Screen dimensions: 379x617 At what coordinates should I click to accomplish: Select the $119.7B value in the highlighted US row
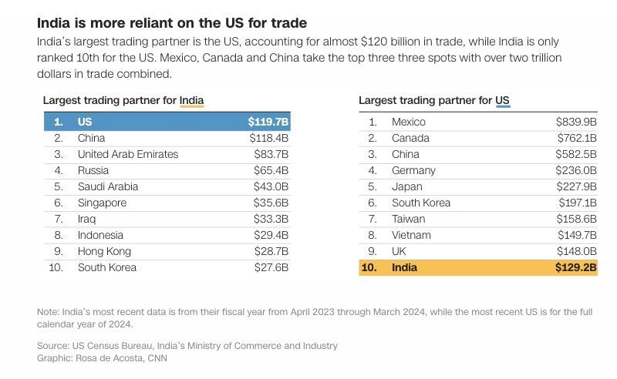pos(268,122)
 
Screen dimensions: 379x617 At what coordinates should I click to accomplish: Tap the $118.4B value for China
pos(268,138)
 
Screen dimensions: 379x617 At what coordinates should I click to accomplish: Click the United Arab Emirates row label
pos(128,154)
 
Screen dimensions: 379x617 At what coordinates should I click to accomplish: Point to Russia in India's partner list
pos(93,170)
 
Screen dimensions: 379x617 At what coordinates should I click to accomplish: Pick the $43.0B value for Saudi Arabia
pos(271,186)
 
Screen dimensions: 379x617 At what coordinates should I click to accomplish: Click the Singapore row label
pos(102,203)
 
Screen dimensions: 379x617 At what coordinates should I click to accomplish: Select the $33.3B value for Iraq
pos(271,219)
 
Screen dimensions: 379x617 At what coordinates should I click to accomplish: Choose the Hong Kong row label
pos(104,251)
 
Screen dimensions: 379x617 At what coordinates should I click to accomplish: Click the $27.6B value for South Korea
pos(271,267)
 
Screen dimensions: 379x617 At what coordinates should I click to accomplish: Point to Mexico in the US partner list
pos(408,122)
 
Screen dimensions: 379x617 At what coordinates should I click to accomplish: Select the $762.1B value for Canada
pos(576,138)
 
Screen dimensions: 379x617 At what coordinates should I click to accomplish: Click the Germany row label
pos(413,170)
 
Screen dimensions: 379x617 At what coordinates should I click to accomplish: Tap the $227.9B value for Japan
pos(576,186)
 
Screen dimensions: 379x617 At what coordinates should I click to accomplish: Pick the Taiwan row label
pos(408,219)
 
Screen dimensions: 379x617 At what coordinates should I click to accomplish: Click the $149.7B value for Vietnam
pos(576,235)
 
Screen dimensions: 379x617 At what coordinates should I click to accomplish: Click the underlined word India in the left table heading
pos(191,100)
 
